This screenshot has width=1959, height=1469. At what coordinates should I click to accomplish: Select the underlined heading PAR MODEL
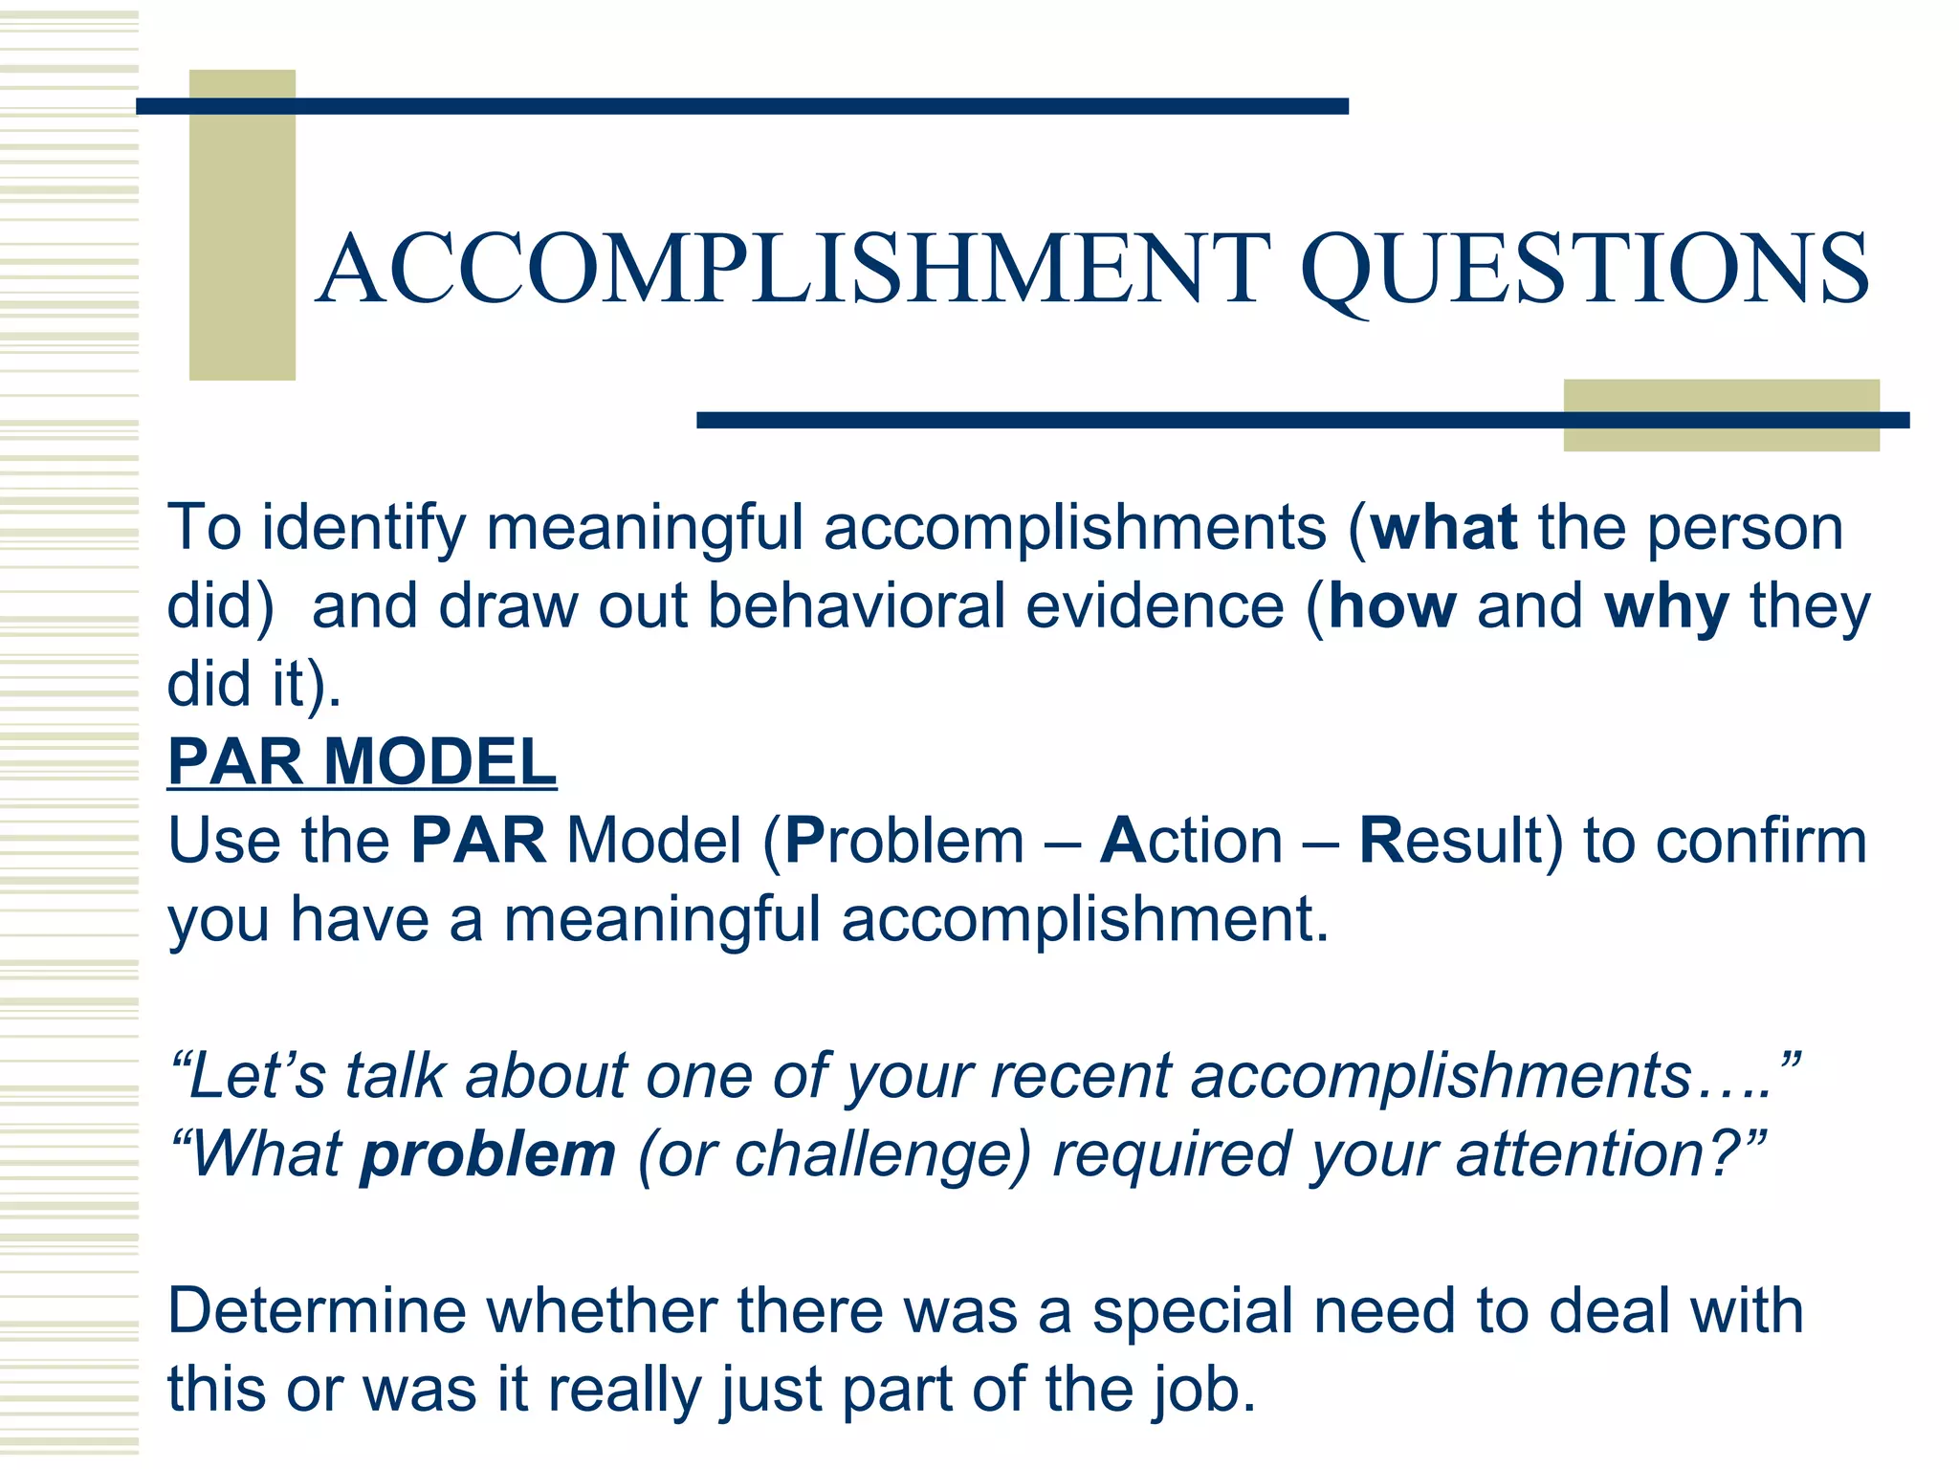point(362,762)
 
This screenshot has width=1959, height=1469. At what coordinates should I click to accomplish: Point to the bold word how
point(1393,606)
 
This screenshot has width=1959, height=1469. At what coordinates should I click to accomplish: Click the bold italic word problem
point(488,1155)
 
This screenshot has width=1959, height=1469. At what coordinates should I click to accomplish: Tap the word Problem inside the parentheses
point(904,841)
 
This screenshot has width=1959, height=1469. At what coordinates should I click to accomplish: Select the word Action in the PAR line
point(1191,841)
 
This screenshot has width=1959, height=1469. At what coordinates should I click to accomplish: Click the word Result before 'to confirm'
point(1460,841)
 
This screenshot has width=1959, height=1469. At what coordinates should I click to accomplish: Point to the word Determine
point(317,1311)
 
